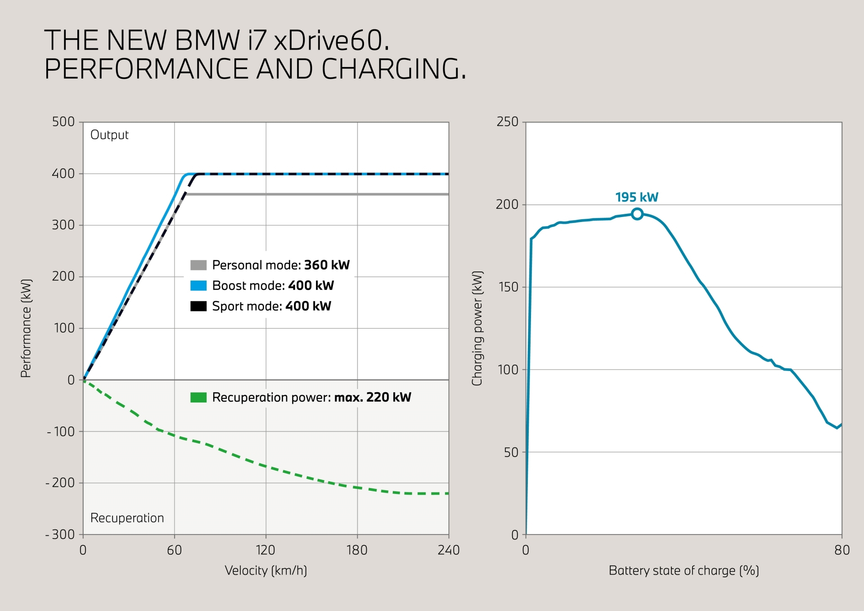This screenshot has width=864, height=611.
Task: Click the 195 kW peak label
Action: pos(636,197)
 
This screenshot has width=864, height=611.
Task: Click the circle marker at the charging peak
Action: pos(637,214)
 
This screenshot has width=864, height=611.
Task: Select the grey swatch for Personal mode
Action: pos(198,265)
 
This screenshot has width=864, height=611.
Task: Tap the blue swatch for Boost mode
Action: pos(198,285)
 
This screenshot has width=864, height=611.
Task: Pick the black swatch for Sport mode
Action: pos(198,306)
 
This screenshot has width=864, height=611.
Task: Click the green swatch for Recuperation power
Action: pos(198,397)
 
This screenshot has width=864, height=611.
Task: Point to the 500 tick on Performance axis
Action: pos(63,122)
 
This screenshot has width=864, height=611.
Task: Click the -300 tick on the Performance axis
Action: pos(60,534)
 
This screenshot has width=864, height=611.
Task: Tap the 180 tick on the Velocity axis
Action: pos(357,550)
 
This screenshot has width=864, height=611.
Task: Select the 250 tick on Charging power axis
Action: pos(507,122)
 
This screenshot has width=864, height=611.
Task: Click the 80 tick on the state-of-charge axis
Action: pos(841,550)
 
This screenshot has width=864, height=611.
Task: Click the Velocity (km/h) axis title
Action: pos(265,570)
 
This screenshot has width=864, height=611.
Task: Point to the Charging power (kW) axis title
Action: pos(477,328)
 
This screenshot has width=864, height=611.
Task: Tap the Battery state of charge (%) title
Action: pos(684,570)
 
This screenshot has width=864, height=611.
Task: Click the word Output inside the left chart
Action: pos(109,135)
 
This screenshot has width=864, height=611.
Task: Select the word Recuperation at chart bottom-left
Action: pos(127,518)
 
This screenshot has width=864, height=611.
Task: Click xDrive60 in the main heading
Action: pos(331,41)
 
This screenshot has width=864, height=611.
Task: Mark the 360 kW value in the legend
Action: pos(327,265)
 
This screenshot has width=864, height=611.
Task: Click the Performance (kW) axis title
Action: pos(26,328)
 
